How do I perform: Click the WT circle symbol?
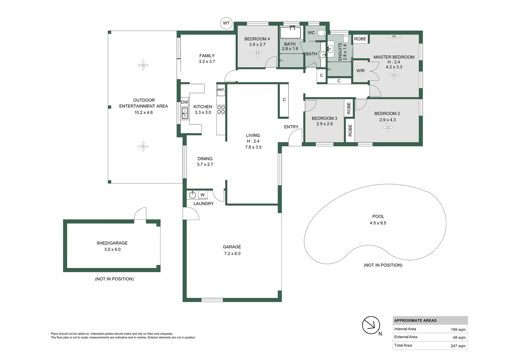[x=226, y=23]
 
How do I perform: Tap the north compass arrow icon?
[x=371, y=325]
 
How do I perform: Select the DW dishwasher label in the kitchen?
[x=184, y=102]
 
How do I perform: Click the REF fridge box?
[x=221, y=90]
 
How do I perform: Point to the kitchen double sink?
[x=185, y=113]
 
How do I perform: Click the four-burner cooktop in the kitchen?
[x=221, y=109]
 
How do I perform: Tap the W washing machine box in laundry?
[x=203, y=195]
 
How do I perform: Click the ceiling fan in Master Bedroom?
[x=394, y=75]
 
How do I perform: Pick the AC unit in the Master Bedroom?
[x=394, y=36]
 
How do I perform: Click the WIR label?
[x=360, y=71]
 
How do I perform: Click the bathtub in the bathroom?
[x=290, y=33]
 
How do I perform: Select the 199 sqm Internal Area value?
[x=458, y=329]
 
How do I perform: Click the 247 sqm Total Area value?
[x=458, y=346]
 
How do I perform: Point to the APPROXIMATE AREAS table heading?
[x=415, y=321]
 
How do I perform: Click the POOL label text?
[x=378, y=216]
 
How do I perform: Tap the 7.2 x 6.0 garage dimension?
[x=232, y=253]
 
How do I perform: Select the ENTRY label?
[x=291, y=127]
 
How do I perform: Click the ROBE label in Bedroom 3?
[x=349, y=108]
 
